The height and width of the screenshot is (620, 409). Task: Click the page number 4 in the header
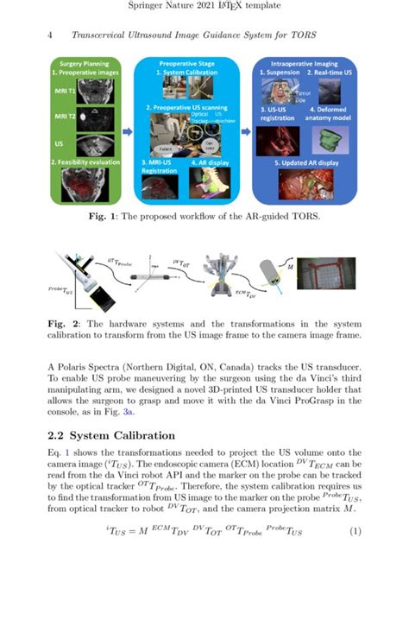(x=53, y=35)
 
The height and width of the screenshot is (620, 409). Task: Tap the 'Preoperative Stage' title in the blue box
(x=186, y=64)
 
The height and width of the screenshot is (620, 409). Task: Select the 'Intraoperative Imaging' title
(x=301, y=64)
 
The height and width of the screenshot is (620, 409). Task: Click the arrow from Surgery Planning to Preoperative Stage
(x=127, y=132)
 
